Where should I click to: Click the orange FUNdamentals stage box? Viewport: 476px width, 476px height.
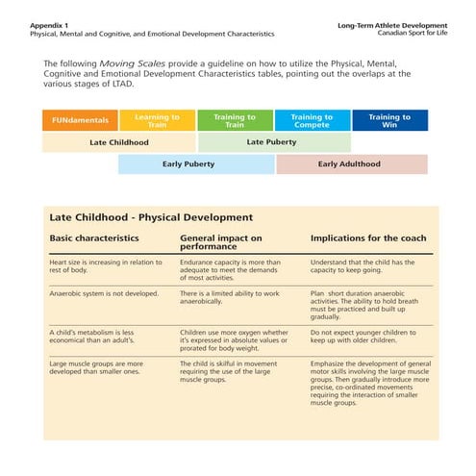click(x=81, y=121)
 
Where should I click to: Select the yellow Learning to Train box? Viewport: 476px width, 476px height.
click(x=158, y=121)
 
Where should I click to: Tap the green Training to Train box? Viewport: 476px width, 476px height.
click(x=235, y=121)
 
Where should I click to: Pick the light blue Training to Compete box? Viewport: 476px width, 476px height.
click(x=312, y=121)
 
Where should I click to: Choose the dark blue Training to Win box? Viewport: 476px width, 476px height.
click(x=389, y=121)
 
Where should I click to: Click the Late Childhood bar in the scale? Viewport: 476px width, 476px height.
click(x=119, y=142)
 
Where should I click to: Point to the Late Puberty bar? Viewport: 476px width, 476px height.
click(x=273, y=142)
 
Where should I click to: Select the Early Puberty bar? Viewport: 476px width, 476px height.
click(x=196, y=163)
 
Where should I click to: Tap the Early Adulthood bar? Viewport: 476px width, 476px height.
click(x=351, y=163)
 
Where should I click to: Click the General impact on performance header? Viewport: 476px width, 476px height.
click(x=221, y=241)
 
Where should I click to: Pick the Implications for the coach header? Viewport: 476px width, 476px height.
click(x=367, y=237)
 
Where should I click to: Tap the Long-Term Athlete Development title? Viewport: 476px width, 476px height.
click(x=393, y=24)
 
